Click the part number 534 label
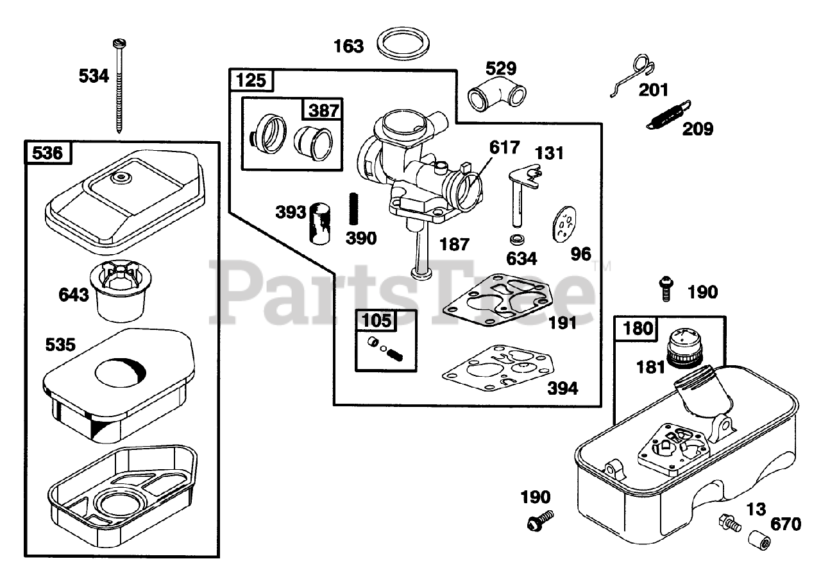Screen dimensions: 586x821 pyautogui.click(x=94, y=76)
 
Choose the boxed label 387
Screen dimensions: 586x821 pyautogui.click(x=323, y=110)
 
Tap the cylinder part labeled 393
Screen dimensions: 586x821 pyautogui.click(x=319, y=223)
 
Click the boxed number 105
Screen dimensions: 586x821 pyautogui.click(x=377, y=321)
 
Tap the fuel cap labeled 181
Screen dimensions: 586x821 pyautogui.click(x=684, y=346)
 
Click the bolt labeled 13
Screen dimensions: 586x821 pyautogui.click(x=730, y=522)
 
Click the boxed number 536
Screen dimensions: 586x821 pyautogui.click(x=48, y=153)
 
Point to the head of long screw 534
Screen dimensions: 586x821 pyautogui.click(x=119, y=44)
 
